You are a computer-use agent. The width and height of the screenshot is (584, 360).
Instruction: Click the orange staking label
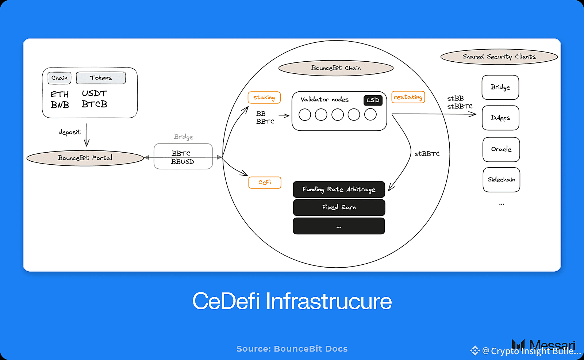point(264,97)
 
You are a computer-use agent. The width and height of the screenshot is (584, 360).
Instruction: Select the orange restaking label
point(408,97)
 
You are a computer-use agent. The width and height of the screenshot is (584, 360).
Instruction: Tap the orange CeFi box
point(265,182)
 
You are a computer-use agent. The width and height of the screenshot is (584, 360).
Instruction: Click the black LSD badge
point(373,100)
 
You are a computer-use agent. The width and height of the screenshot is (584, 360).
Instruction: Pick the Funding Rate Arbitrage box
point(339,189)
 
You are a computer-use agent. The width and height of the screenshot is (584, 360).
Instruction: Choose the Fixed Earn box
point(339,207)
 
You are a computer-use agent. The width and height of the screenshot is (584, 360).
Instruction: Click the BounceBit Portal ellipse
point(85,158)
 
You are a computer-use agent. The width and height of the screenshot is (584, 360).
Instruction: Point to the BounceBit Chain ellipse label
point(336,68)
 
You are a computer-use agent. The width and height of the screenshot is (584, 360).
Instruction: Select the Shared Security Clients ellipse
point(499,57)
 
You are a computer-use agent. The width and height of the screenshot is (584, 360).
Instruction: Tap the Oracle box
point(501,149)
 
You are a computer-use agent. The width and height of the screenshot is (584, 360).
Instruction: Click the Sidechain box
point(502,180)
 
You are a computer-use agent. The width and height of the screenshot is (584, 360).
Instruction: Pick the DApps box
point(500,118)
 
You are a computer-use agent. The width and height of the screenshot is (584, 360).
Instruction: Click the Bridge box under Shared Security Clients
point(500,87)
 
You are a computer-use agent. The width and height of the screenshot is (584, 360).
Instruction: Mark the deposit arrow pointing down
point(87,135)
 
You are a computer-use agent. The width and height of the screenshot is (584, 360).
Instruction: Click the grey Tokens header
point(101,78)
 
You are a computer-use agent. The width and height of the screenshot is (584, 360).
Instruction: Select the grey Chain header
point(59,78)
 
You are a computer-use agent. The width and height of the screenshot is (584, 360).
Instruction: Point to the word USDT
point(95,93)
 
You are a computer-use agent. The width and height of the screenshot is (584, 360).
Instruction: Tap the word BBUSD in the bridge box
point(183,162)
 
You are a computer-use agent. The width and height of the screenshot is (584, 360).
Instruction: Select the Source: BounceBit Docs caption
point(292,349)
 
